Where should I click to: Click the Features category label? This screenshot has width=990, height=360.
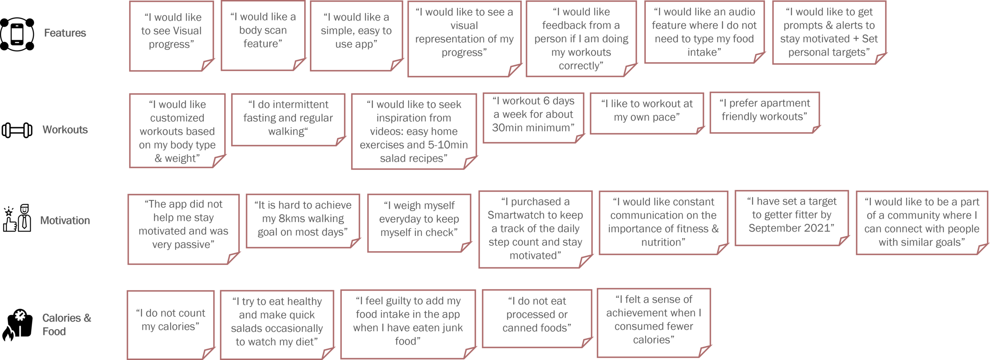[x=65, y=33]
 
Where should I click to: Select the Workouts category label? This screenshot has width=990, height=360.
[x=65, y=130]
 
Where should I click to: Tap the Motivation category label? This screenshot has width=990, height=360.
[x=65, y=220]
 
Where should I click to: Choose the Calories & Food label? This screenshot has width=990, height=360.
[x=67, y=324]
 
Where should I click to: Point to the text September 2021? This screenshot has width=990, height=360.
[x=791, y=229]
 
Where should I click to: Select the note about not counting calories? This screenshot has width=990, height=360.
[x=171, y=320]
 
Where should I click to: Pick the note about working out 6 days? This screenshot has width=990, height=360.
[x=533, y=114]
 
